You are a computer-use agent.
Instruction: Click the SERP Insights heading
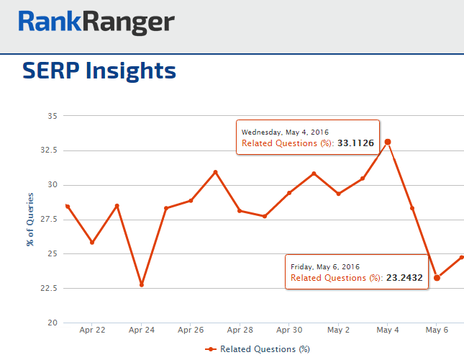[x=99, y=71]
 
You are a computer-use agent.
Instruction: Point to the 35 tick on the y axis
[x=53, y=116]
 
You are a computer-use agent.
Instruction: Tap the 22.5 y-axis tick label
[x=49, y=289]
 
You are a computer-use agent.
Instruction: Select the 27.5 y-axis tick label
[x=49, y=220]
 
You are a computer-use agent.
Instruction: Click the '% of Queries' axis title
[x=30, y=220]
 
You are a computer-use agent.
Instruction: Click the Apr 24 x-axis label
[x=141, y=330]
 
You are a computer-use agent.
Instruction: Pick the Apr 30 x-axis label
[x=288, y=330]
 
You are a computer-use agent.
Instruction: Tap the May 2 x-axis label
[x=338, y=330]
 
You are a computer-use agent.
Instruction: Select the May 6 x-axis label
[x=437, y=330]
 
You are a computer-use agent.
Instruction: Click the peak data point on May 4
[x=388, y=142]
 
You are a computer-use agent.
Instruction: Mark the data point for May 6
[x=437, y=278]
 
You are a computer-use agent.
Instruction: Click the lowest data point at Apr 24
[x=142, y=285]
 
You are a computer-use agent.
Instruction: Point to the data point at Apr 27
[x=215, y=172]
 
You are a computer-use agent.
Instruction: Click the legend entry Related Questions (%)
[x=257, y=348]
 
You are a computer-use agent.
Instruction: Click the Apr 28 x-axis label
[x=240, y=330]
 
